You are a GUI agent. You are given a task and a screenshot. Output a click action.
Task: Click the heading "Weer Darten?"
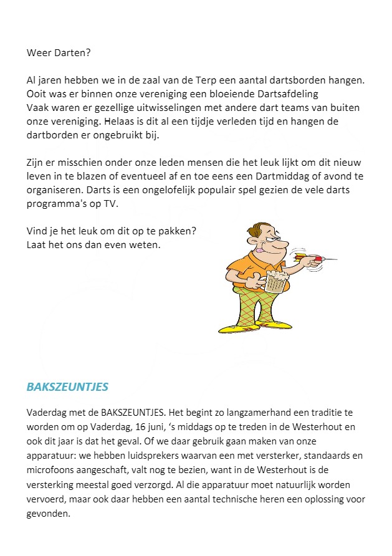(59, 53)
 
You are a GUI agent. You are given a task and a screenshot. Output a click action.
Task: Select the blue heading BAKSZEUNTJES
(67, 387)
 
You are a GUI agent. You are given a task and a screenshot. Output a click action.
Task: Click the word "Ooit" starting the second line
(37, 94)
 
